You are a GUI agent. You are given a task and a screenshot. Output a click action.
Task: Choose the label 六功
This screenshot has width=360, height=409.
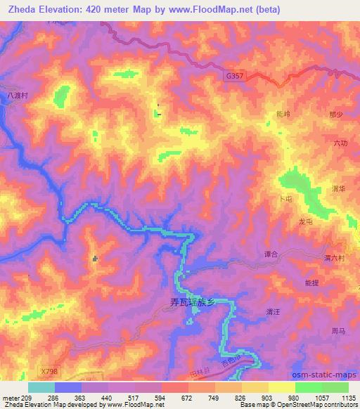tap(340, 143)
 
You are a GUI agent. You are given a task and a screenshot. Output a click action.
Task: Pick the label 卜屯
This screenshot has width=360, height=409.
tap(284, 199)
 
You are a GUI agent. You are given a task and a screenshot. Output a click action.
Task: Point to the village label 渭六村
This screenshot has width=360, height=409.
tap(334, 258)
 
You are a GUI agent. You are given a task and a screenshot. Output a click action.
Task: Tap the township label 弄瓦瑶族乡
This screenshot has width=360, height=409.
tap(200, 301)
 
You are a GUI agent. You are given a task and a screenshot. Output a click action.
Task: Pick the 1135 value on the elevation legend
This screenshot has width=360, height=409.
tap(348, 398)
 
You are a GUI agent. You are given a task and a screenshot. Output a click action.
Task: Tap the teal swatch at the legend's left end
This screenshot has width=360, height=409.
tap(41, 387)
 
